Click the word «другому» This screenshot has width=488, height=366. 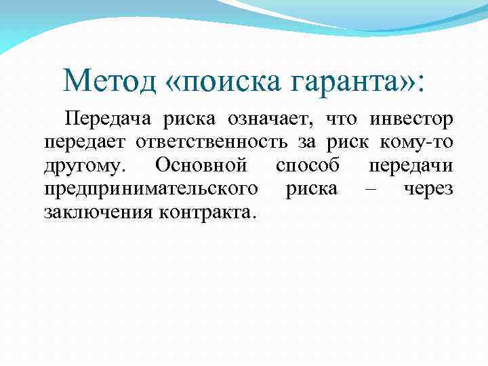[x=84, y=166]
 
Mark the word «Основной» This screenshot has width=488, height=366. [x=201, y=165]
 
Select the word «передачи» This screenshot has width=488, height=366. [x=411, y=166]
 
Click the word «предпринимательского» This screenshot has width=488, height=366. [x=150, y=189]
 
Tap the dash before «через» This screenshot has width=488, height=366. [x=370, y=189]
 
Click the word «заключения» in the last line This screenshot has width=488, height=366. [x=98, y=212]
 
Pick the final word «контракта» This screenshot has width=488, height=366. [x=207, y=212]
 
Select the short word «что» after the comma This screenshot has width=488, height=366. [x=342, y=120]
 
